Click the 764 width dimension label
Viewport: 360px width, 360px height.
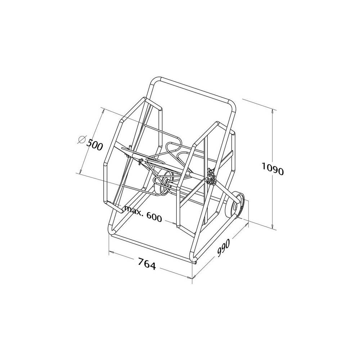point(147,264)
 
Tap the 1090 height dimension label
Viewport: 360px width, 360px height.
point(273,168)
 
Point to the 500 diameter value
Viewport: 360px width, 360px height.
point(94,145)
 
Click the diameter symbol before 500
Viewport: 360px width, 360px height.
point(81,140)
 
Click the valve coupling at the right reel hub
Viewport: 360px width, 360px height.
point(211,177)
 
